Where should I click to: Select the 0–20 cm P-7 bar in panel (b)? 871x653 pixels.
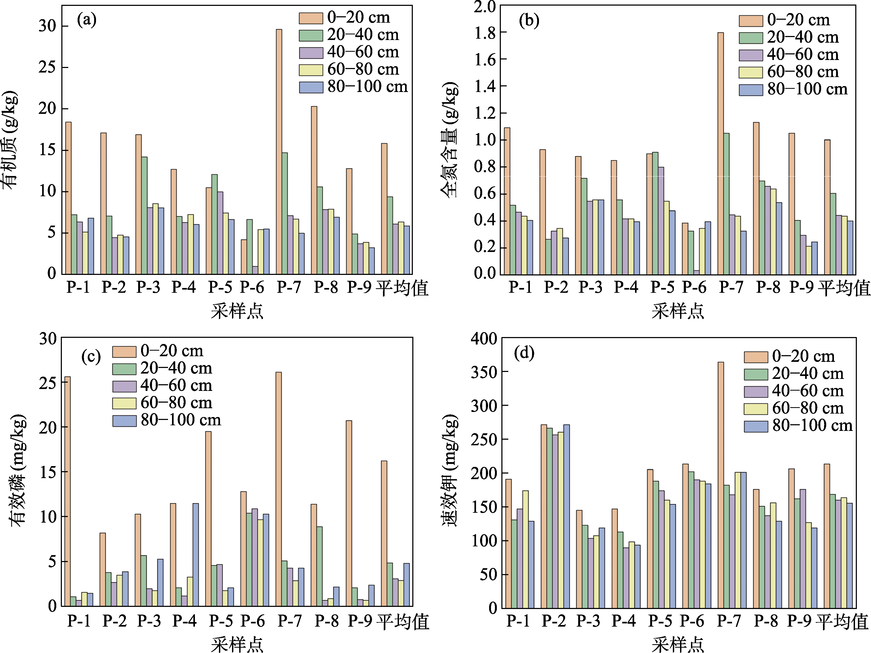[x=721, y=154]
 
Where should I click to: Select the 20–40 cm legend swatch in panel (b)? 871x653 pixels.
[x=750, y=38]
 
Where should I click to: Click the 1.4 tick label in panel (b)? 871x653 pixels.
[x=485, y=86]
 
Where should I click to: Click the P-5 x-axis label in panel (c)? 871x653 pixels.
[x=221, y=621]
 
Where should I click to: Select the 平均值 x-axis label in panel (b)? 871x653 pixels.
[x=844, y=288]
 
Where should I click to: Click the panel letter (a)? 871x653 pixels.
[x=87, y=20]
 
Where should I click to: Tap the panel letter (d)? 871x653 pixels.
[x=524, y=353]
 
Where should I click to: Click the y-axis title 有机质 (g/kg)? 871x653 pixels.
[x=11, y=140]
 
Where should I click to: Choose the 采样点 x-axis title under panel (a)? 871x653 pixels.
[x=237, y=311]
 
